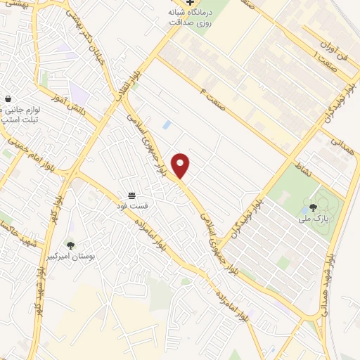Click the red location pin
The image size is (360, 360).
pos(181,165)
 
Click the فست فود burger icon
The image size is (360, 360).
pos(131,195)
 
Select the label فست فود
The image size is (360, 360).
pos(131,205)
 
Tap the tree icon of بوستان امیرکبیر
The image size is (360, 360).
pos(70,245)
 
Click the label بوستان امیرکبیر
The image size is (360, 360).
pos(70,256)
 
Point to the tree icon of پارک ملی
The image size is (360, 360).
pos(312,207)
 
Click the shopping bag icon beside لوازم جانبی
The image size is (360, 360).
pos(8,99)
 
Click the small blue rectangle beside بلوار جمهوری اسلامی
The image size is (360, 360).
pos(167,124)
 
